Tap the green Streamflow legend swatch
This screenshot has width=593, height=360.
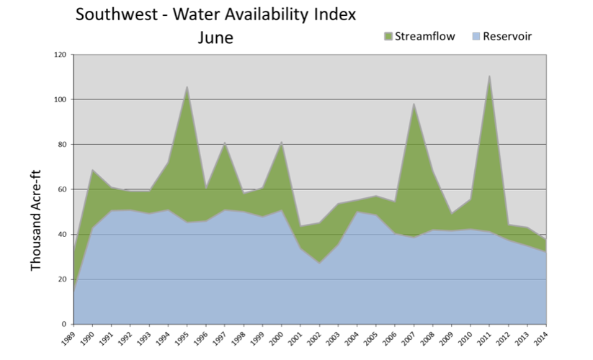388,35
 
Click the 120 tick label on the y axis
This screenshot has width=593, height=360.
60,55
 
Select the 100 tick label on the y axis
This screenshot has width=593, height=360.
60,99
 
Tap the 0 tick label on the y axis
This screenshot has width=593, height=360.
65,324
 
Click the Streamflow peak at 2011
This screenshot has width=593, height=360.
489,76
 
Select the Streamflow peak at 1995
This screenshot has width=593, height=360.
187,87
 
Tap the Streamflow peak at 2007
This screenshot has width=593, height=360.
414,104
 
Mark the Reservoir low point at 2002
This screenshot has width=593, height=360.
319,263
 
